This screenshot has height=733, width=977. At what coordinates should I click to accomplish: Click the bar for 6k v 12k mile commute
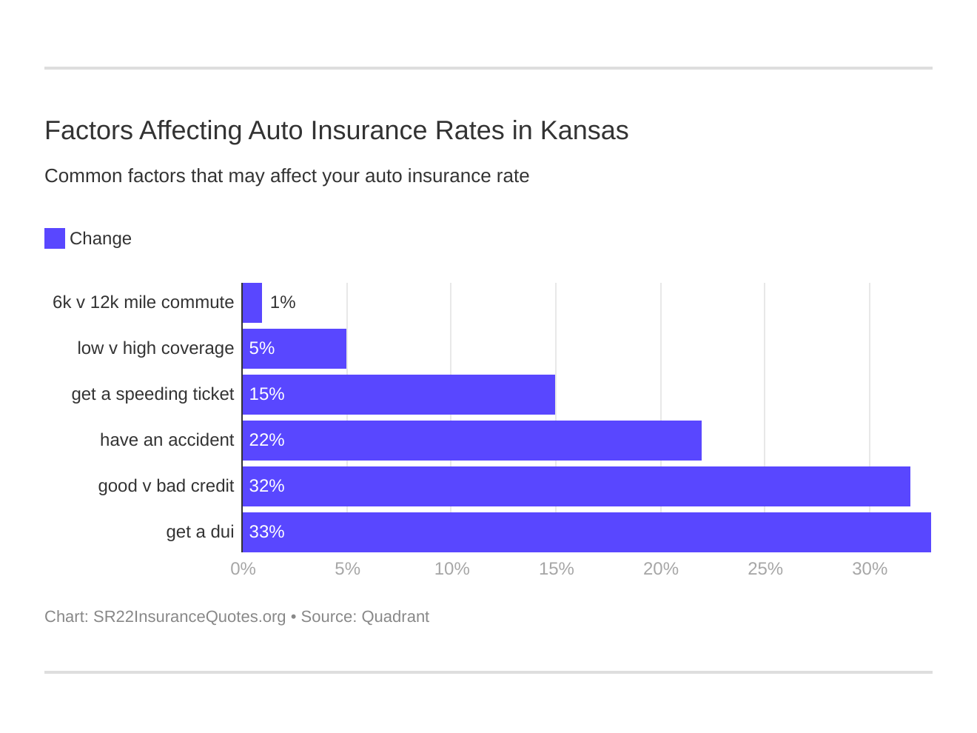point(252,303)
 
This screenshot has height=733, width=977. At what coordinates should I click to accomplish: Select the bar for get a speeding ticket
point(399,395)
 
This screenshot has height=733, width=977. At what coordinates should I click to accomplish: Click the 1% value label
point(283,303)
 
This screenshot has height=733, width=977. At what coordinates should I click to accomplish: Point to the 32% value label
point(266,486)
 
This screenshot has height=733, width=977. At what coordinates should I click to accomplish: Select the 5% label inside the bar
point(262,349)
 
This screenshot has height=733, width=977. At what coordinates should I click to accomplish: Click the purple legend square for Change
point(55,238)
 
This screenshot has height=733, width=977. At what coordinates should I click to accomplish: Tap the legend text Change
point(101,238)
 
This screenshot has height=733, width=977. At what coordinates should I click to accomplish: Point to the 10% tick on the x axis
point(451,569)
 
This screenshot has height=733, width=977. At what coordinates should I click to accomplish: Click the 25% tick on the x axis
point(765,569)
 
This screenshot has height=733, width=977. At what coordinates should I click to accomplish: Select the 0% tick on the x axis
point(243,569)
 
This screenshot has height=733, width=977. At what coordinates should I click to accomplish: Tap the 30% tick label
point(869,569)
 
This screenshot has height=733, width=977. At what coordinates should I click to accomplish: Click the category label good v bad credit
point(166,486)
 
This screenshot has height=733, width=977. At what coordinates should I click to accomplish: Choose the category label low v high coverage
point(155,349)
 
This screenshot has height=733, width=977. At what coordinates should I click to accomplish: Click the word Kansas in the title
point(584,130)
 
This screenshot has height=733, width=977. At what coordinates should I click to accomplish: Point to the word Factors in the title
point(89,130)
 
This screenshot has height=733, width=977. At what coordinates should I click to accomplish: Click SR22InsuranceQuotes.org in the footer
point(189,617)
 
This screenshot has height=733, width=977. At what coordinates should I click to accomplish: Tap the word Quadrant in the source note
point(395,617)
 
